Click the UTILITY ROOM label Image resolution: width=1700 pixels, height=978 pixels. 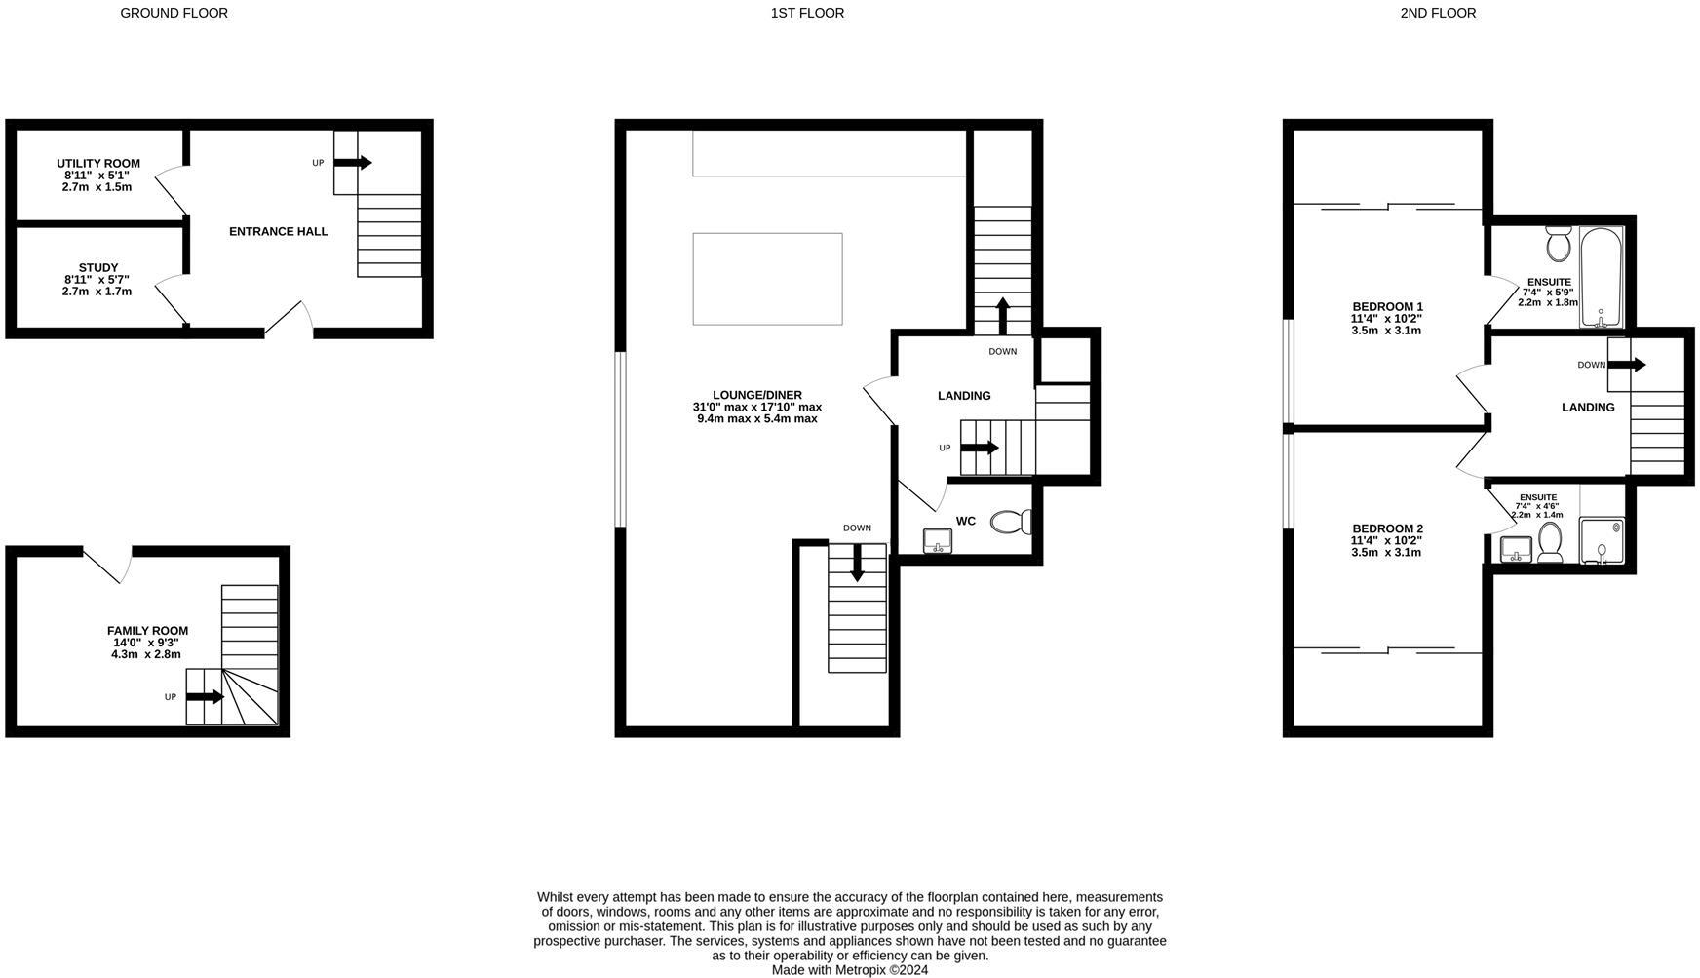[97, 163]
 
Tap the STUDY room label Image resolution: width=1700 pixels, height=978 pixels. [97, 267]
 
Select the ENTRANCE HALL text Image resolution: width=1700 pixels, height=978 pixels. [278, 231]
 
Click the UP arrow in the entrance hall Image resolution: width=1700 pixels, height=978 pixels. [353, 163]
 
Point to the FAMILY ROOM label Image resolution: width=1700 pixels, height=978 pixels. [147, 631]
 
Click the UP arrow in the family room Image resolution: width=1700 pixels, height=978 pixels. [205, 697]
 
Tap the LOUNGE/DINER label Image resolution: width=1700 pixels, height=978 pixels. [756, 395]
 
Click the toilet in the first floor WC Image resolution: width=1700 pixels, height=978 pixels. [1011, 523]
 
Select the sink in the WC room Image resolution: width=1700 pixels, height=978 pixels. [938, 540]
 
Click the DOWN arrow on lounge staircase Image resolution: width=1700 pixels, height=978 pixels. [857, 563]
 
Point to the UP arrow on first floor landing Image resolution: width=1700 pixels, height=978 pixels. [980, 448]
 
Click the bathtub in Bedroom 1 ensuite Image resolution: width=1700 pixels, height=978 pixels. [1601, 278]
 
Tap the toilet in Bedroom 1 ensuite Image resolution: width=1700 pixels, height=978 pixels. [1558, 244]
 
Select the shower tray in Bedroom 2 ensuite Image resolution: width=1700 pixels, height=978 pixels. [1602, 541]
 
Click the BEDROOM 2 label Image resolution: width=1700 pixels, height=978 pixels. [1386, 528]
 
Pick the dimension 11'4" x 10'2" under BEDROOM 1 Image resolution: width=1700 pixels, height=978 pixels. [1386, 318]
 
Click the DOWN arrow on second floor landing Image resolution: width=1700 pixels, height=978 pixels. [1626, 365]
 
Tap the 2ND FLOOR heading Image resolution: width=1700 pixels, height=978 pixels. [1438, 13]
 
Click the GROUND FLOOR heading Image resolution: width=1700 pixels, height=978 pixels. [174, 13]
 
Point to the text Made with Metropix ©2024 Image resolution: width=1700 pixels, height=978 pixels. [849, 970]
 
